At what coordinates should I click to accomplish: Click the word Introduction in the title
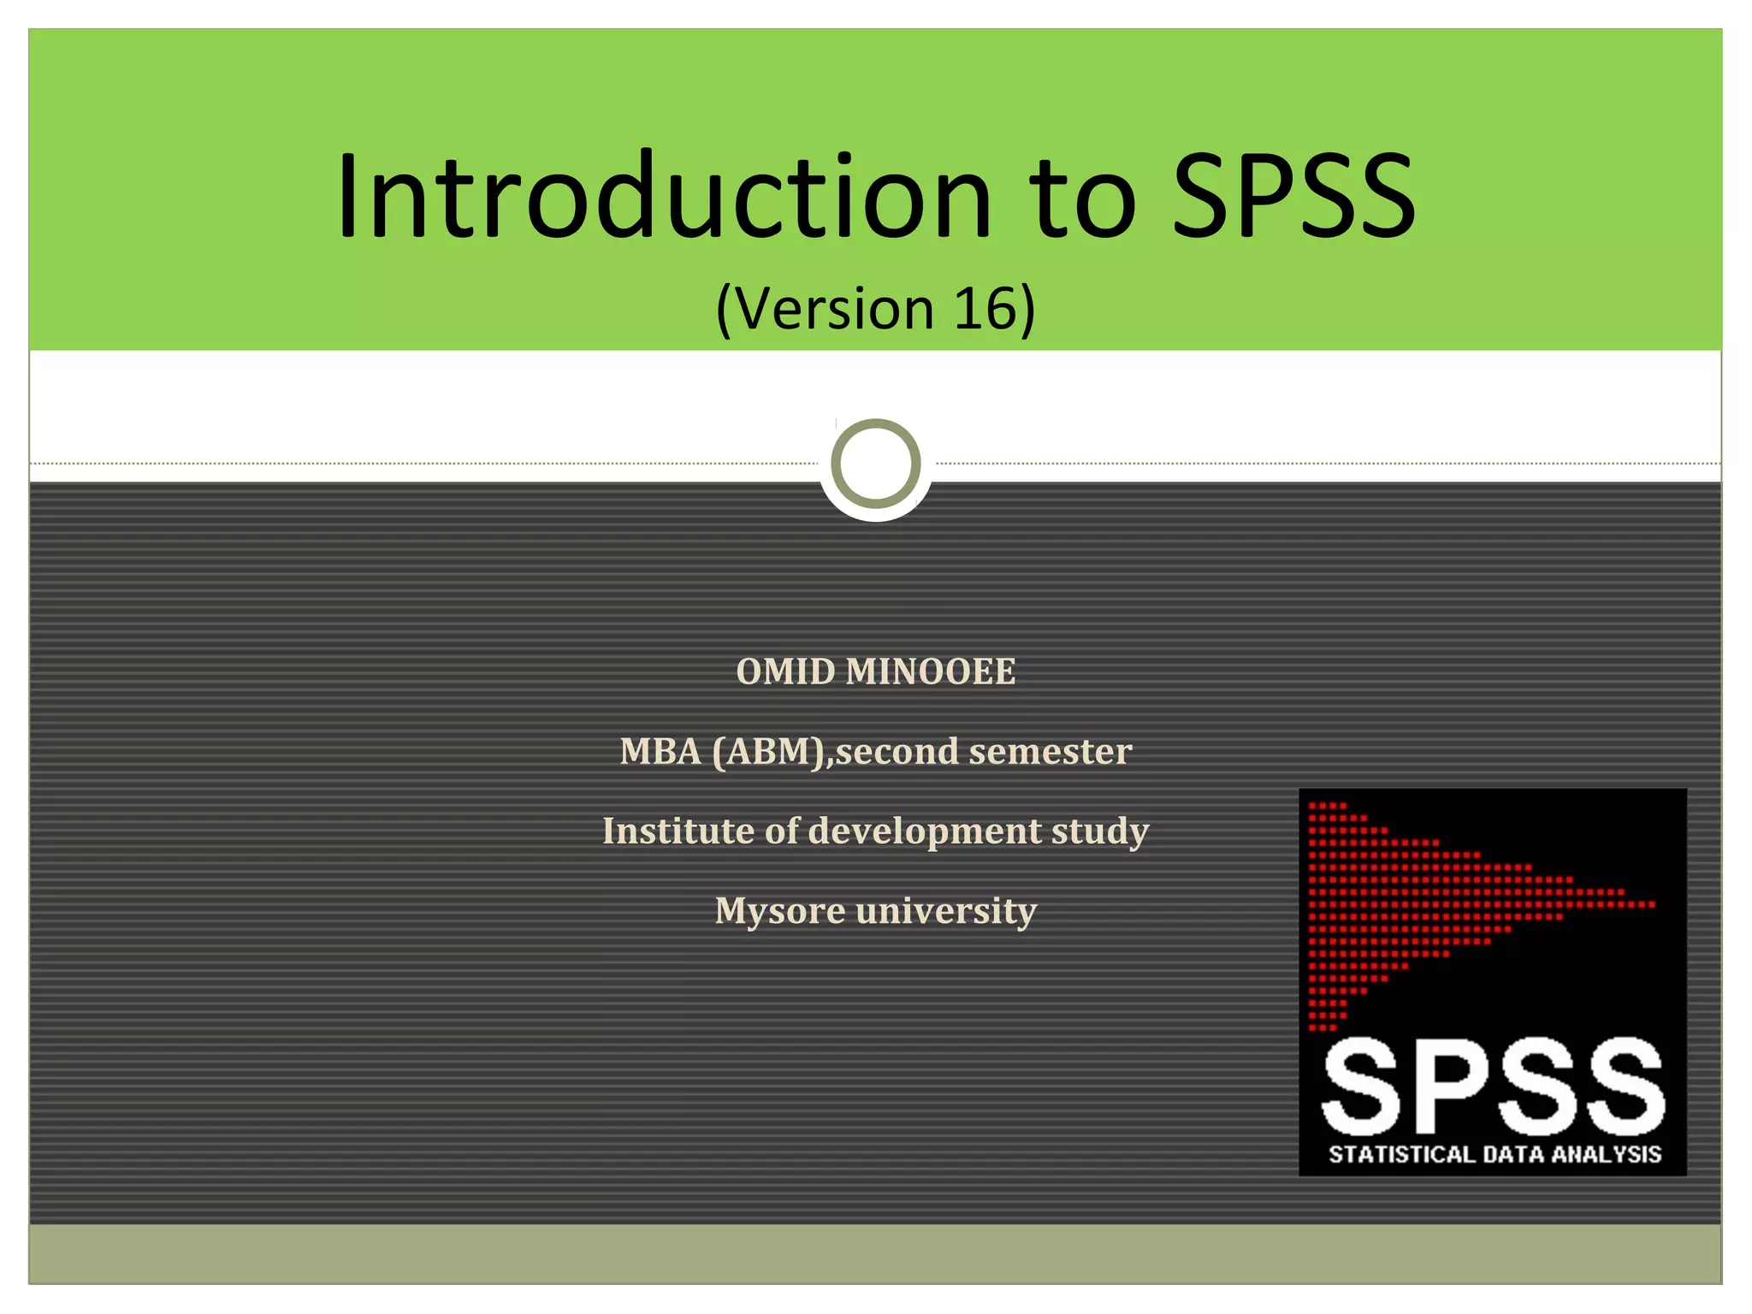tap(663, 197)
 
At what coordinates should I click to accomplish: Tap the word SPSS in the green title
tap(1293, 197)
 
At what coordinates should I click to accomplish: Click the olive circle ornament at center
tap(875, 464)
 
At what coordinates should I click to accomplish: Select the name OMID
tap(785, 672)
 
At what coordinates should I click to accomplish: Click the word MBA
tap(660, 752)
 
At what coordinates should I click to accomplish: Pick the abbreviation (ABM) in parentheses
tap(767, 752)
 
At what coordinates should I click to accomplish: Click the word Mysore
tap(780, 911)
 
